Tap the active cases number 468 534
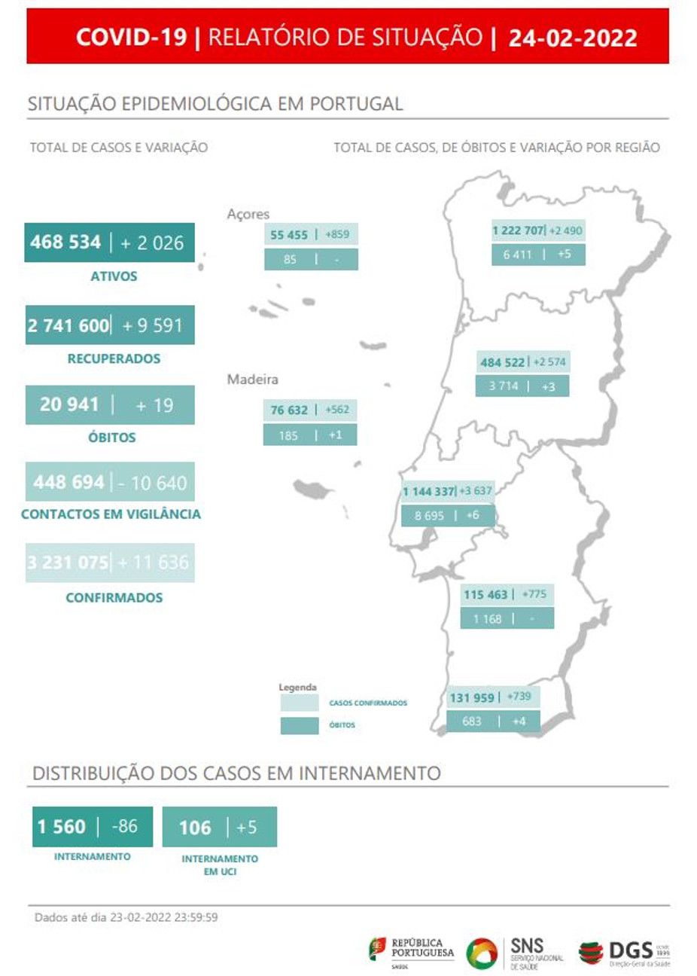(x=65, y=242)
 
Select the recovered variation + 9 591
(x=152, y=325)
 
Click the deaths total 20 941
(x=69, y=405)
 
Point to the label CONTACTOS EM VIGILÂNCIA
(x=111, y=514)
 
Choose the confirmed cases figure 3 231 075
(x=68, y=563)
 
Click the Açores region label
(x=248, y=214)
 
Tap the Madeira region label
(x=252, y=380)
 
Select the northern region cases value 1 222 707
(x=518, y=230)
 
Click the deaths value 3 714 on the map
(x=503, y=386)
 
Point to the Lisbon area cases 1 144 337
(x=428, y=492)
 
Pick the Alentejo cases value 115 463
(x=485, y=594)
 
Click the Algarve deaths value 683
(x=472, y=721)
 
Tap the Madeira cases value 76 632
(x=289, y=410)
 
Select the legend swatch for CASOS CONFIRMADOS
(x=300, y=703)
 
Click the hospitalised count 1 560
(x=62, y=827)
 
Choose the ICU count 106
(x=195, y=828)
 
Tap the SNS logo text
(x=527, y=947)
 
